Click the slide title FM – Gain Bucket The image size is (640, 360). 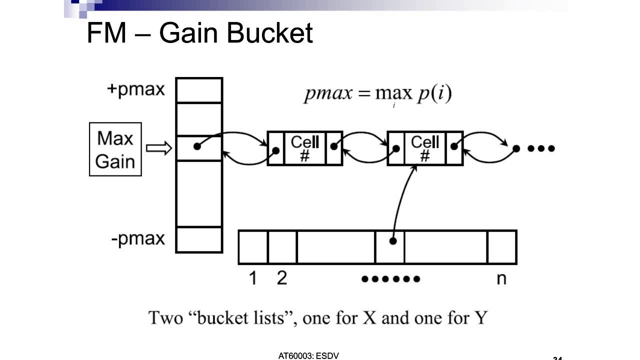click(x=199, y=33)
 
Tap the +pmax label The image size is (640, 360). click(x=135, y=89)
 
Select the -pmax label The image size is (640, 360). click(x=137, y=238)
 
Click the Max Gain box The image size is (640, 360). click(x=115, y=149)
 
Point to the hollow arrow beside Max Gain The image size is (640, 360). click(x=158, y=148)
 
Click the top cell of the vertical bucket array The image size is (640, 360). click(x=199, y=90)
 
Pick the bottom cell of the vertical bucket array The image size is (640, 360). click(x=199, y=239)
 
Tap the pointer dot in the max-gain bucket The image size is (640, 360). click(x=197, y=146)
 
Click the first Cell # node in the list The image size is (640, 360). click(x=305, y=148)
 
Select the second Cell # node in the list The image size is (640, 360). click(x=425, y=148)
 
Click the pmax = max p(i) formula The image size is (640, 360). click(x=377, y=94)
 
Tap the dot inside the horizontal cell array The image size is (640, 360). click(x=393, y=241)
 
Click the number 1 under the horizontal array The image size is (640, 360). click(x=252, y=278)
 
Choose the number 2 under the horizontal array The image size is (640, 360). click(x=282, y=278)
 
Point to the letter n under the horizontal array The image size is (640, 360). click(x=501, y=279)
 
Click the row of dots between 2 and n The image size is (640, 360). click(x=390, y=279)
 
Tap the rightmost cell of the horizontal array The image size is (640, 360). click(x=501, y=247)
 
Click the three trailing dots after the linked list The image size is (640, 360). click(x=541, y=148)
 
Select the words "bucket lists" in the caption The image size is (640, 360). click(x=240, y=317)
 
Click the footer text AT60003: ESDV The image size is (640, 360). click(x=308, y=356)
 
